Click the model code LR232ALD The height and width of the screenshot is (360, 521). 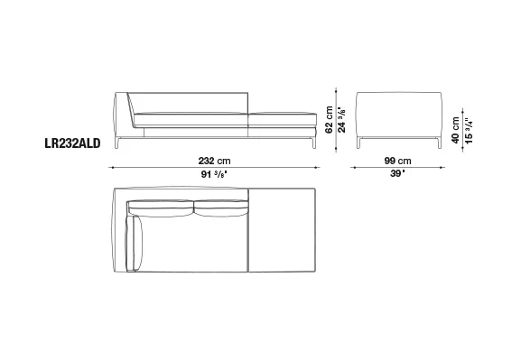(x=72, y=143)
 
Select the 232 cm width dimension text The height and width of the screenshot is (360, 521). (x=214, y=161)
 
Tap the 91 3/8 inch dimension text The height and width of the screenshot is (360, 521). (x=214, y=174)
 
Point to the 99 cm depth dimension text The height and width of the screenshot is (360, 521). (x=397, y=161)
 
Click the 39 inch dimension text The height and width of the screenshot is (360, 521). (x=397, y=173)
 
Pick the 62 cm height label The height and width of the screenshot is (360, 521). (x=329, y=120)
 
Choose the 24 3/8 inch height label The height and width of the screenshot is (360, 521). (x=341, y=120)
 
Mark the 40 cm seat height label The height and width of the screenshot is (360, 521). (x=456, y=130)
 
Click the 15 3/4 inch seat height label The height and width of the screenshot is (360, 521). (x=469, y=130)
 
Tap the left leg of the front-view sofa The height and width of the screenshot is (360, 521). (x=117, y=143)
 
